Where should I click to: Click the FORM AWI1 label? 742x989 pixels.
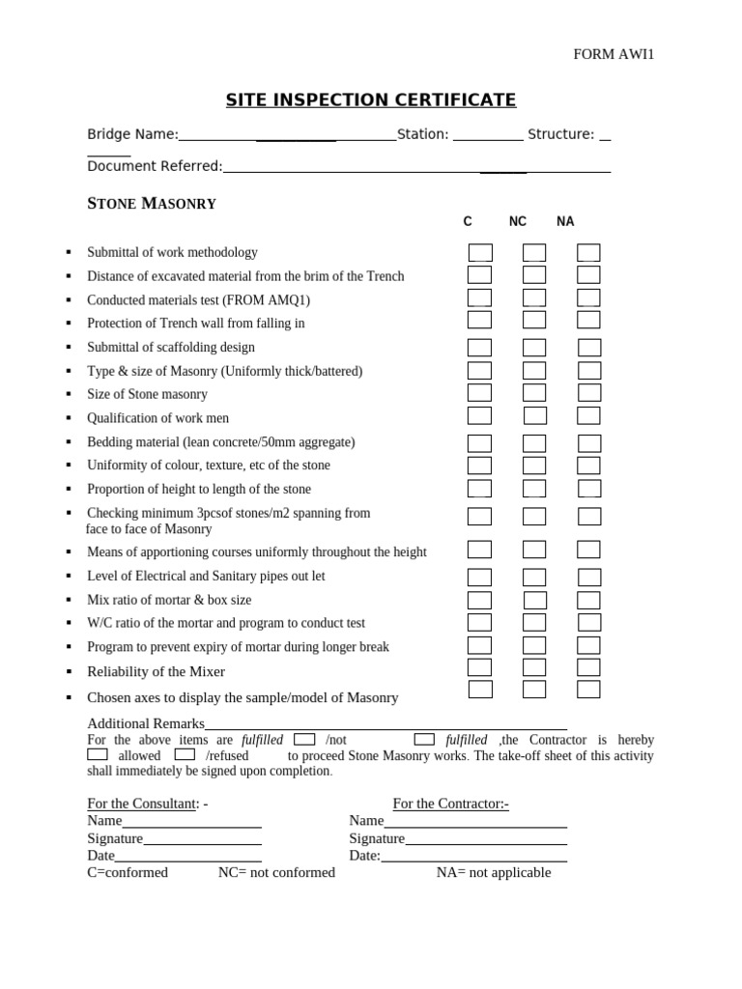(x=614, y=54)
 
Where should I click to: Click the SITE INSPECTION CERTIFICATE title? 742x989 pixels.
(x=371, y=100)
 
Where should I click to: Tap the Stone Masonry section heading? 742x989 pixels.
(x=152, y=204)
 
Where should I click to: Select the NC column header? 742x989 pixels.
(x=518, y=221)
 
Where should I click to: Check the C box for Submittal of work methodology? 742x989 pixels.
(x=480, y=253)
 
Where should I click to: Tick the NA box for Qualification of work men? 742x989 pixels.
(x=588, y=416)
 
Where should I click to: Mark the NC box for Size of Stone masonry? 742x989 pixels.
(x=534, y=393)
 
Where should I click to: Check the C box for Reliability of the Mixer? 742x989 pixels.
(x=480, y=667)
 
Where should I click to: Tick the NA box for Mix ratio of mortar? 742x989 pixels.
(x=588, y=600)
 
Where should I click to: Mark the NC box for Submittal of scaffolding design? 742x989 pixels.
(x=534, y=347)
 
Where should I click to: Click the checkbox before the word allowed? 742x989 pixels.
(x=98, y=754)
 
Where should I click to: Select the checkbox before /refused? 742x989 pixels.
(x=185, y=754)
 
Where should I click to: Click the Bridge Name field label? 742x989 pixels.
(x=132, y=134)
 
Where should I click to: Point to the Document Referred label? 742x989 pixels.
(x=155, y=166)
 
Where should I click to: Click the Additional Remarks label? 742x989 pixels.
(x=146, y=723)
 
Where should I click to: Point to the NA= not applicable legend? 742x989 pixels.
(x=494, y=872)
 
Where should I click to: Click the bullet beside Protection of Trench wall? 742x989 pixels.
(x=69, y=324)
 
